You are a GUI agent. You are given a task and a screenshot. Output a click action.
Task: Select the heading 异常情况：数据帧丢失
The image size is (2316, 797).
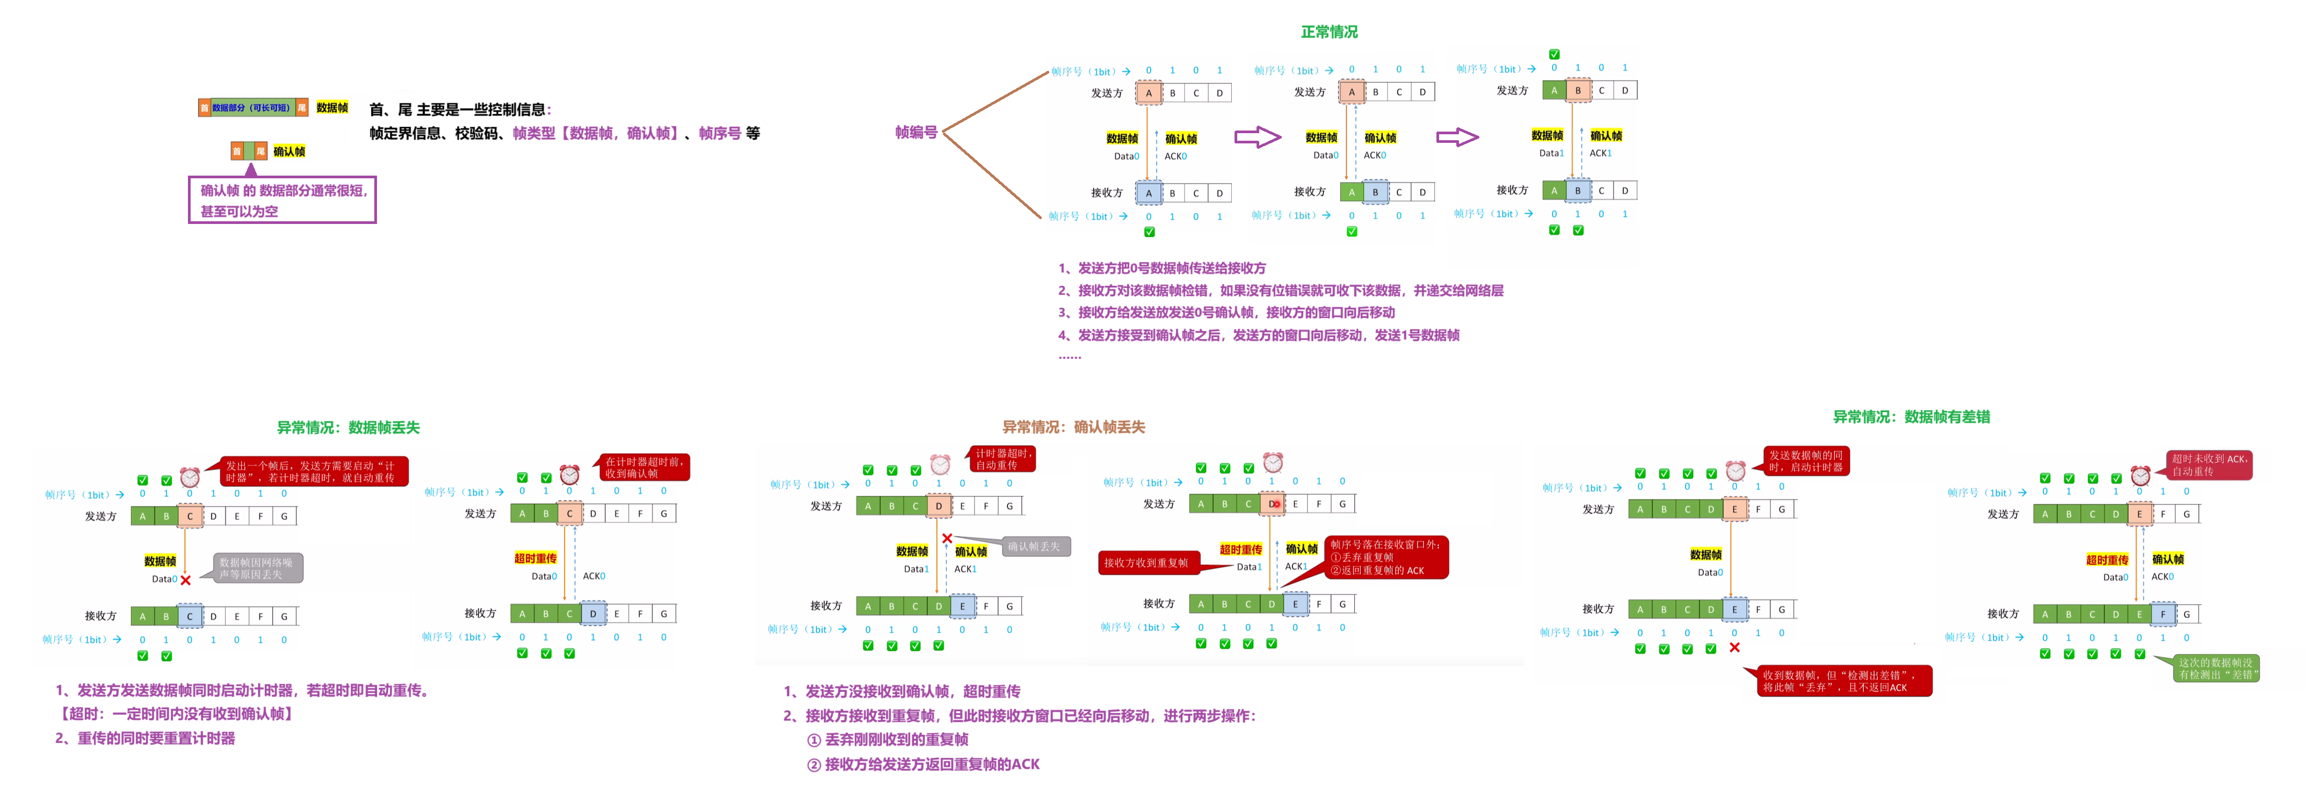pos(348,428)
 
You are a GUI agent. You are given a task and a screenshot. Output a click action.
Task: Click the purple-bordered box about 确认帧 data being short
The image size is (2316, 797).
pos(282,200)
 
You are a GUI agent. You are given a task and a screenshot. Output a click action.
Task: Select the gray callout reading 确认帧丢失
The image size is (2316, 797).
pos(1035,546)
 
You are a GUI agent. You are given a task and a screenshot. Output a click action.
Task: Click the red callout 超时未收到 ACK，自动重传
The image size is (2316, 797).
pos(2209,465)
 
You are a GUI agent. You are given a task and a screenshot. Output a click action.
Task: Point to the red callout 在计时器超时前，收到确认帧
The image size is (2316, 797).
pos(644,468)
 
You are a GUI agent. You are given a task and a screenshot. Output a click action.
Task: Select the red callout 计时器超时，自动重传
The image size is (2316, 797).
pos(1001,459)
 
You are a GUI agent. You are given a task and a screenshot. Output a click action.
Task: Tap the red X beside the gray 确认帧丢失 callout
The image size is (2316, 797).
pos(947,539)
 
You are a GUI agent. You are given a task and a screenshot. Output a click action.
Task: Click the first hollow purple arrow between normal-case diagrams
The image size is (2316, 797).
pos(1257,137)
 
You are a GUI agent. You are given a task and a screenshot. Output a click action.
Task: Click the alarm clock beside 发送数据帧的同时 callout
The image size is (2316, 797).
pos(1735,470)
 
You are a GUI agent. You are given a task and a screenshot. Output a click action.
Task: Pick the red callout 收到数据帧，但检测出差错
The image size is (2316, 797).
pos(1843,681)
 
